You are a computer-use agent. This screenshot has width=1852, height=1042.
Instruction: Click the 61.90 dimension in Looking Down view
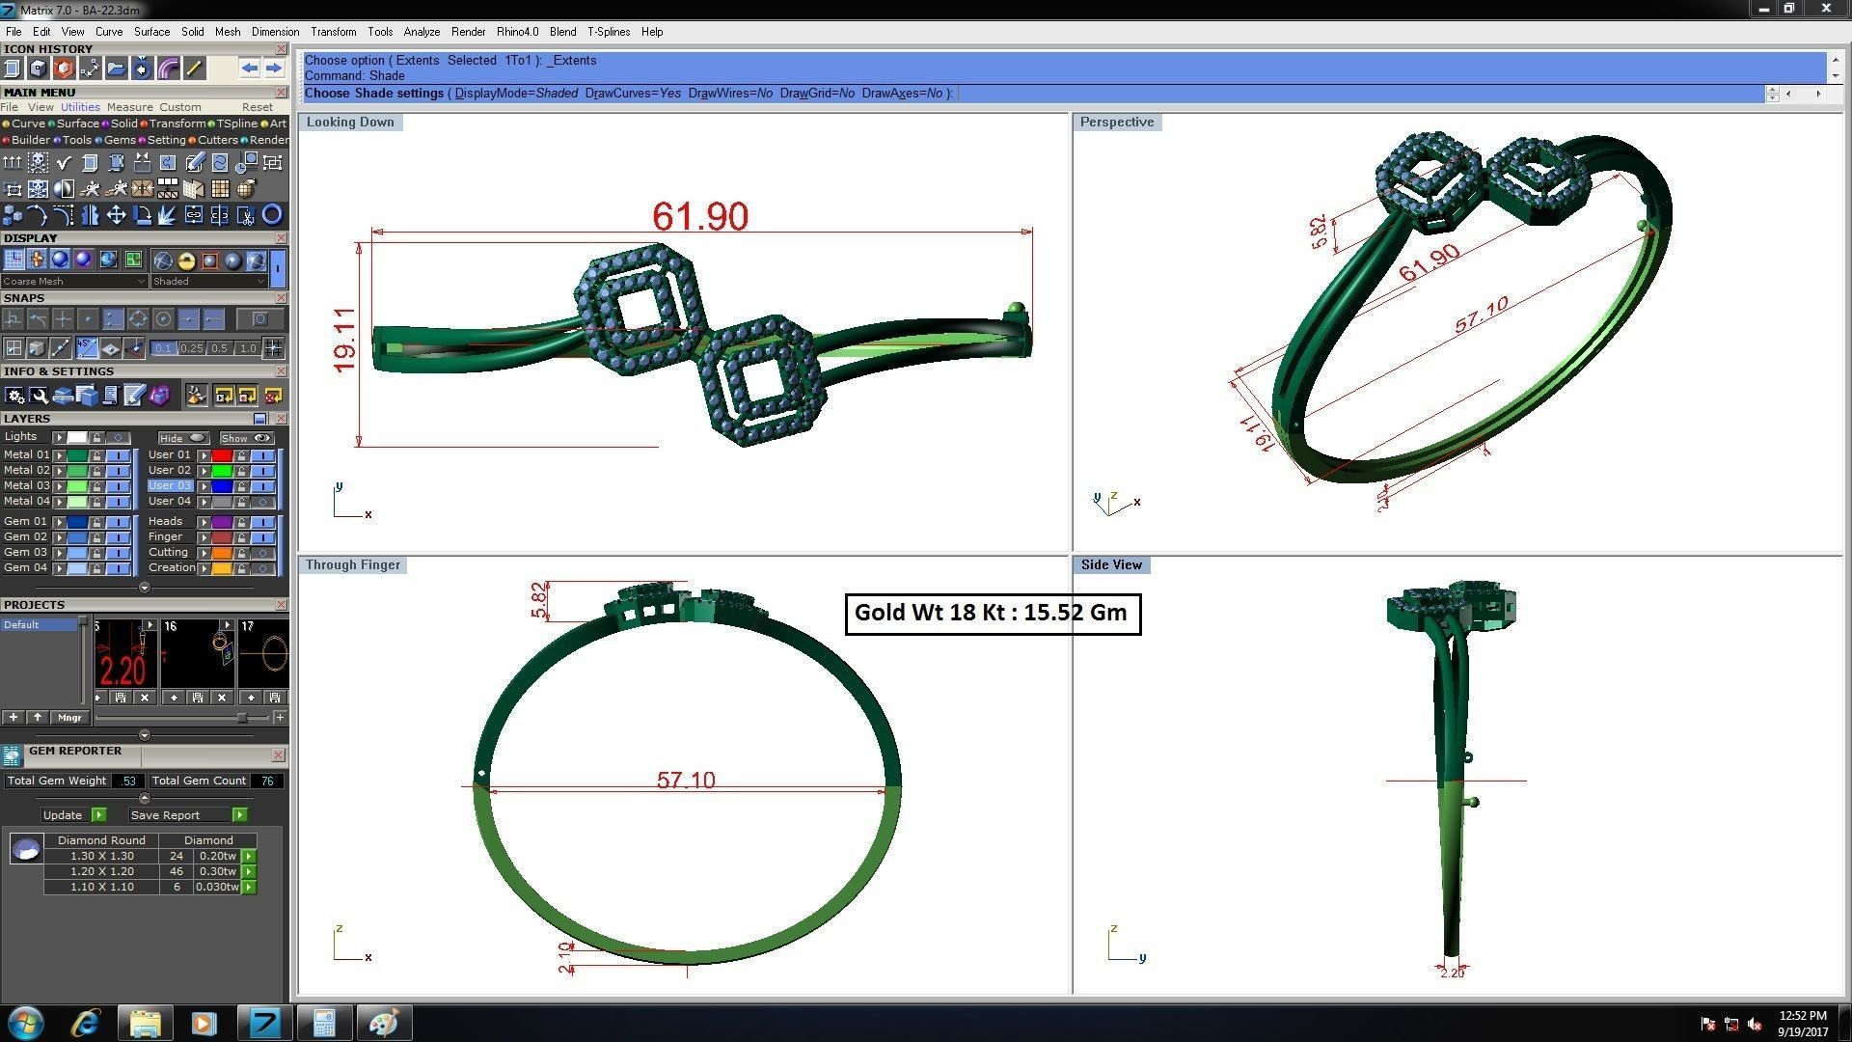700,216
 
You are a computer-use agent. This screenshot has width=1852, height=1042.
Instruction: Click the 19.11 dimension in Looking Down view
344,340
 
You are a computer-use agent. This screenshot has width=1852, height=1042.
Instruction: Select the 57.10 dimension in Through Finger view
686,780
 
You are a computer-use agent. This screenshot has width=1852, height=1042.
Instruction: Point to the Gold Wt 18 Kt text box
992,614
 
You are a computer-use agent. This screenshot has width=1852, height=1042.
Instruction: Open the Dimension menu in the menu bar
275,32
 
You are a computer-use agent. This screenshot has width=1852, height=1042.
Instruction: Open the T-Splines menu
608,32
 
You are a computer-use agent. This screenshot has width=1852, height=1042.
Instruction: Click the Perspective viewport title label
1116,123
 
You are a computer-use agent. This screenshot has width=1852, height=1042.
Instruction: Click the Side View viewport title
1111,565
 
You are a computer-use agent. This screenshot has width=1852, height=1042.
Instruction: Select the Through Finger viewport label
352,565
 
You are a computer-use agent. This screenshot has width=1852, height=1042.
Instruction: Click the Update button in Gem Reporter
64,815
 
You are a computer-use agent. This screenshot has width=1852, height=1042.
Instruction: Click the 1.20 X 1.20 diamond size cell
101,871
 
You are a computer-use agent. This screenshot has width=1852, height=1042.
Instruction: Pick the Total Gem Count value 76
267,781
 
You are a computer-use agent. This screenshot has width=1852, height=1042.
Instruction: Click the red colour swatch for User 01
221,455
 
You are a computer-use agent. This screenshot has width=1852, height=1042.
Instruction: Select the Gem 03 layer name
25,553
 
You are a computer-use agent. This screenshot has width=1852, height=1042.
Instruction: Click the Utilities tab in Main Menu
80,107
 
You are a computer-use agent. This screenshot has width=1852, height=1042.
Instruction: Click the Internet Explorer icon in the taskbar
86,1023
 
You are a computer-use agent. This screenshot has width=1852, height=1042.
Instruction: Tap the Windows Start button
26,1023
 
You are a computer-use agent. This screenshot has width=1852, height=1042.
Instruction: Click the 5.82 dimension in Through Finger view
538,600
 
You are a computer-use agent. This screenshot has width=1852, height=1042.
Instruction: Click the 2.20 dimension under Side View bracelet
1452,973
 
